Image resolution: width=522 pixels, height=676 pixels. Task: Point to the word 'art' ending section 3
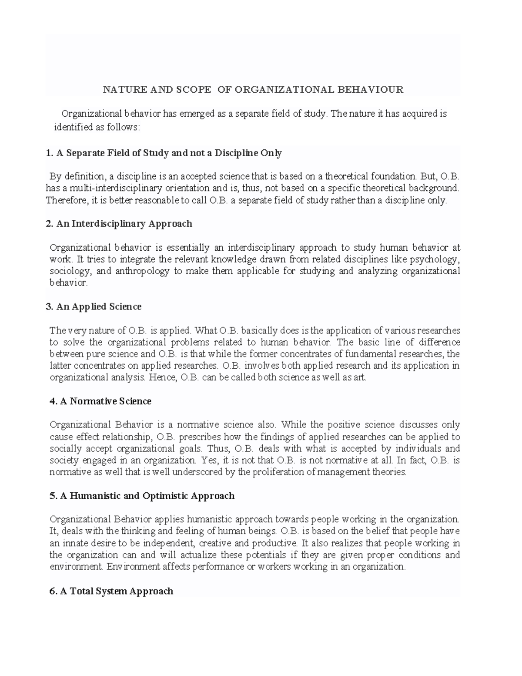[361, 377]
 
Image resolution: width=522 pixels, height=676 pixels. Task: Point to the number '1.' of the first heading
[49, 153]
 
